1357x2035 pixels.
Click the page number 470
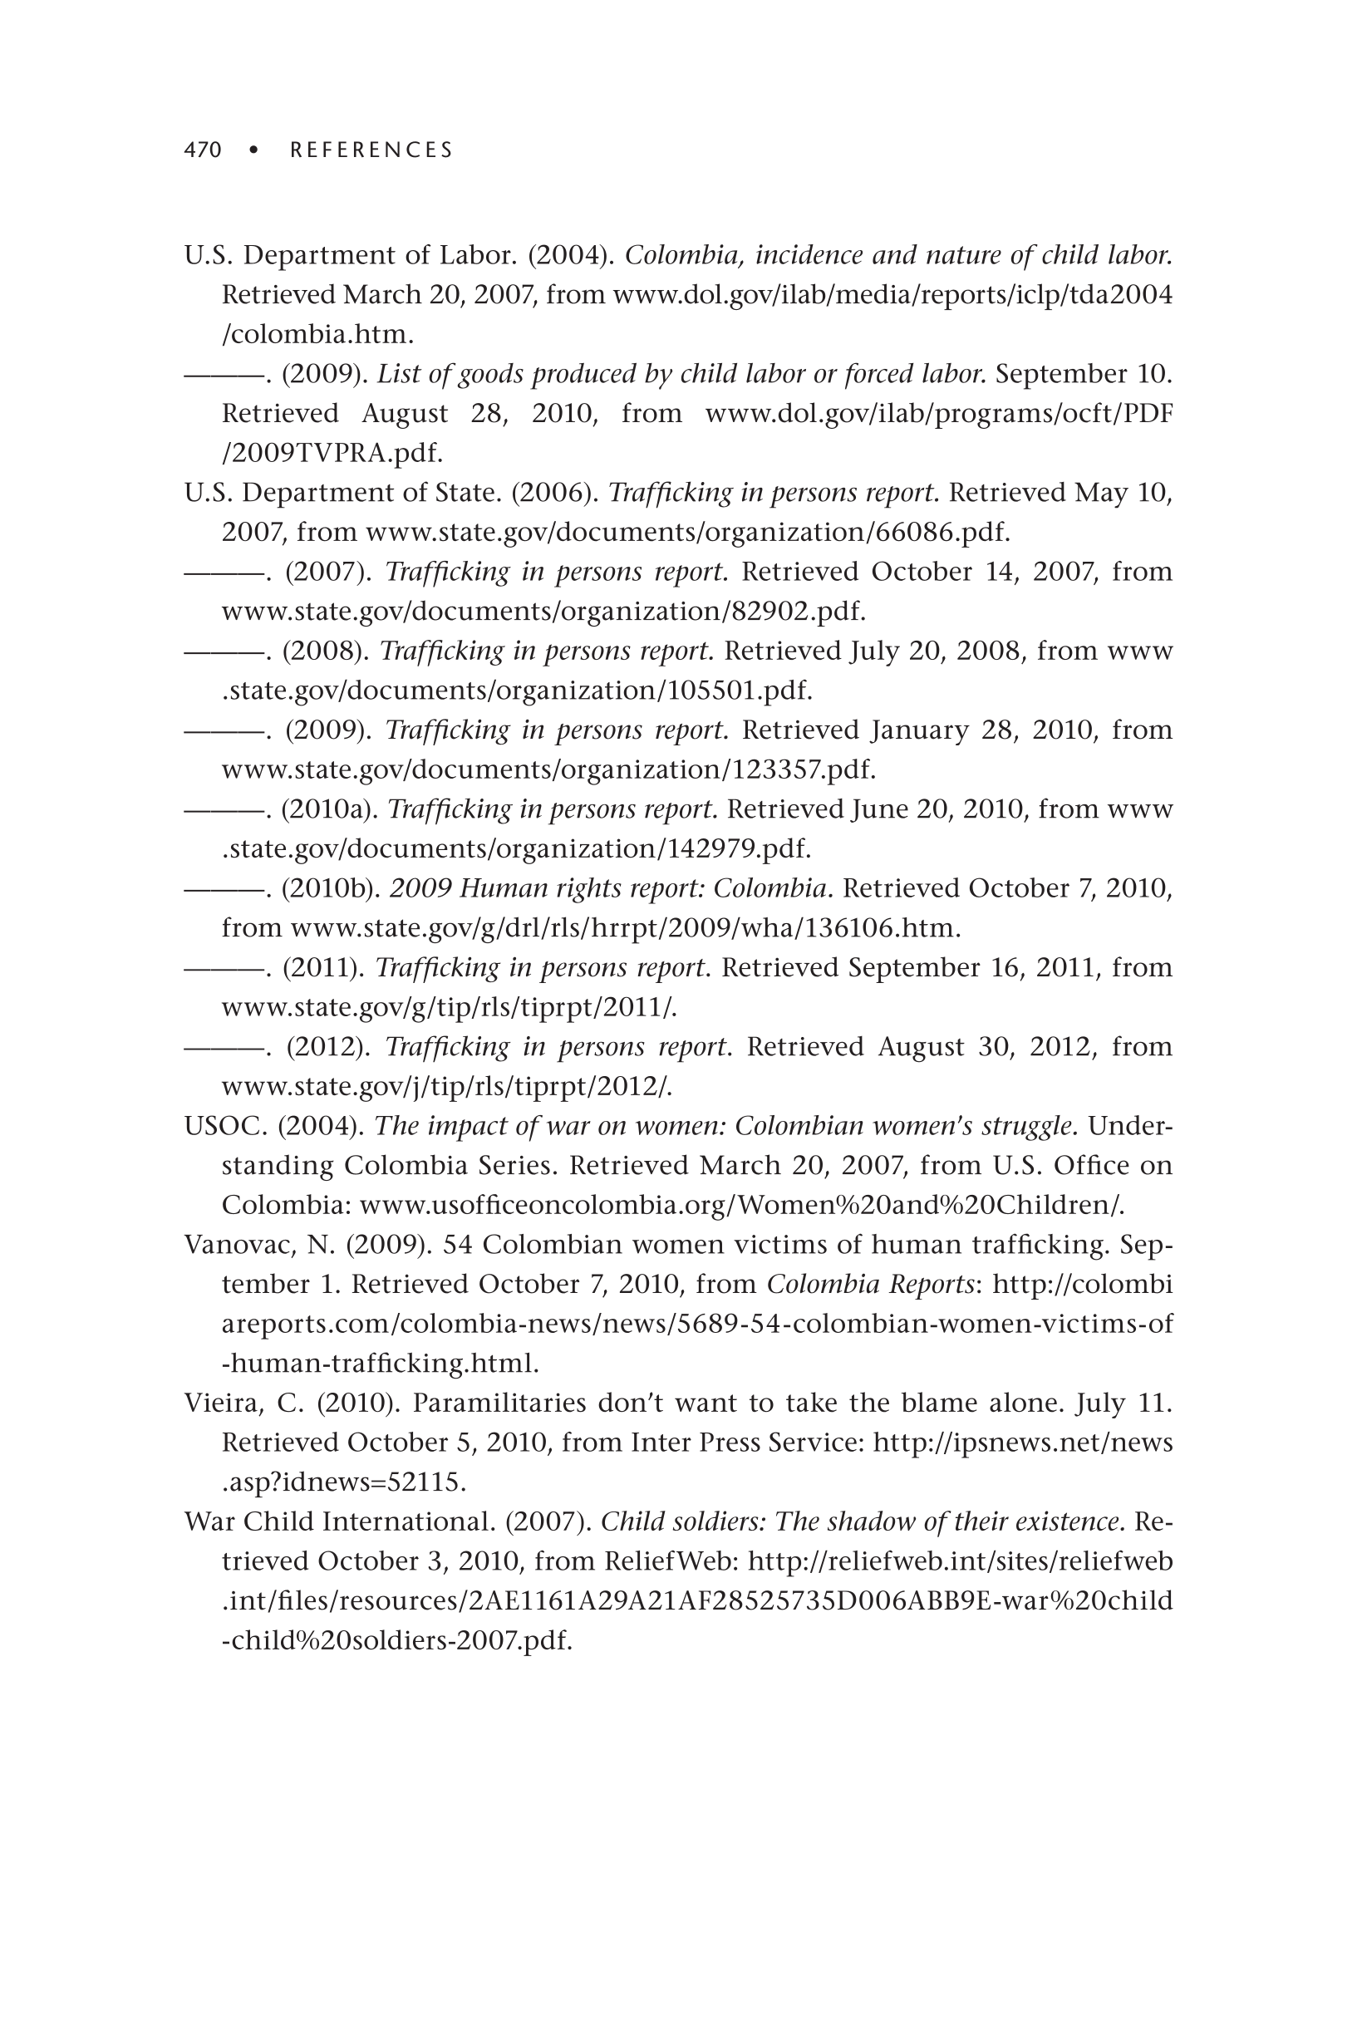[203, 150]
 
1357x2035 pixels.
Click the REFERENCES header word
[371, 150]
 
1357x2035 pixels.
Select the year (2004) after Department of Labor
[571, 255]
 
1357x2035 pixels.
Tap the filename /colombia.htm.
[317, 334]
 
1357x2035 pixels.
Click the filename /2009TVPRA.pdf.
[332, 453]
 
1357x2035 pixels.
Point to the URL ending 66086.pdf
[687, 531]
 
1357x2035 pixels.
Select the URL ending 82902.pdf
[543, 611]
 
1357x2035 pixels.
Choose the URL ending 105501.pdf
[517, 690]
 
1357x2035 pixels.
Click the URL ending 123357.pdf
[548, 769]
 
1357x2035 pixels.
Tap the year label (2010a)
[331, 809]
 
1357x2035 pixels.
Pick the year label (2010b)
[332, 888]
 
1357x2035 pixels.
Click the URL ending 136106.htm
[625, 928]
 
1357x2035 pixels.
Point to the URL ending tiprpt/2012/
[445, 1086]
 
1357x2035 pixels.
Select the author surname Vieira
[223, 1403]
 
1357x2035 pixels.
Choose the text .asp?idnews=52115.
[343, 1482]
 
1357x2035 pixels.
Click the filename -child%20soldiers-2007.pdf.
[397, 1640]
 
